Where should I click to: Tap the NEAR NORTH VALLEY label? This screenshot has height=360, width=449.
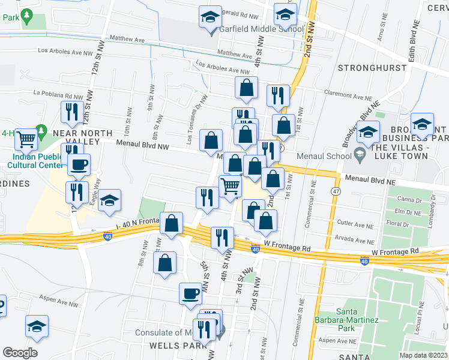[82, 137]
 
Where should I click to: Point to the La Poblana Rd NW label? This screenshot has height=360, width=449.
[58, 95]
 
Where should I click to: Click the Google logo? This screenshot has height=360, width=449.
[20, 353]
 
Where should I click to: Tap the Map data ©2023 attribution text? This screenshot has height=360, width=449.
[424, 355]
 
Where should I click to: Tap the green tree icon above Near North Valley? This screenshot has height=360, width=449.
[41, 130]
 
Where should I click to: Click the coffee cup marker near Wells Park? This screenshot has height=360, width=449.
[191, 293]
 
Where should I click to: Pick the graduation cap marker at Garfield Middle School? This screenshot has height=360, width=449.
[210, 17]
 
